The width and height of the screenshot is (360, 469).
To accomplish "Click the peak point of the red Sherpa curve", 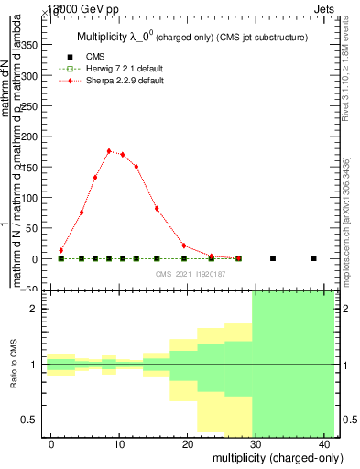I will click(x=109, y=151).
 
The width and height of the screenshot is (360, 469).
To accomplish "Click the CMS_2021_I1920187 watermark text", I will click(x=189, y=273).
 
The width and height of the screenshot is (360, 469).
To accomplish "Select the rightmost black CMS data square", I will click(x=313, y=258).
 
